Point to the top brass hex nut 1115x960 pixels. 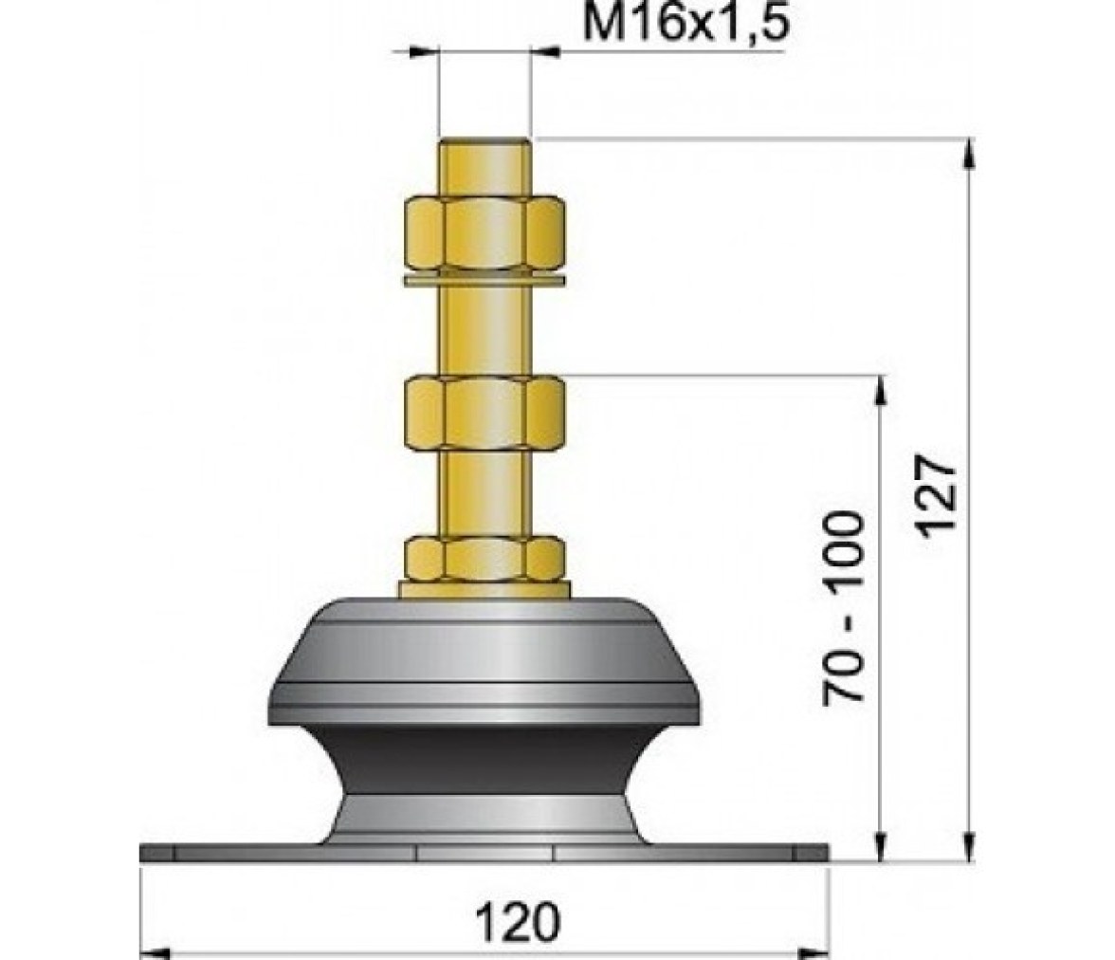485,234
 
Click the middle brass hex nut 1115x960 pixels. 485,415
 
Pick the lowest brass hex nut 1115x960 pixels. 485,560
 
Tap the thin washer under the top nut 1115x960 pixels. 485,281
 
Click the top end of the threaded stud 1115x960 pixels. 485,141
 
